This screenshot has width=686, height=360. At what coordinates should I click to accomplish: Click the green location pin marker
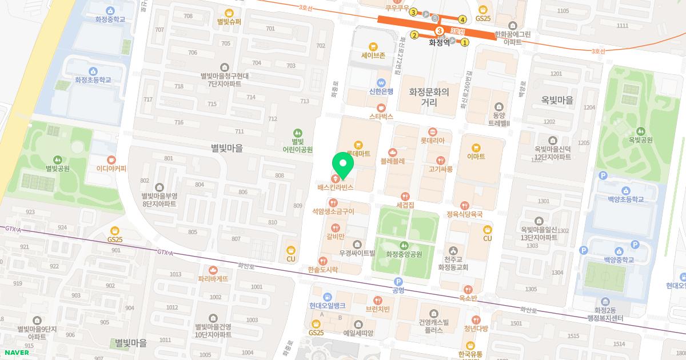[343, 164]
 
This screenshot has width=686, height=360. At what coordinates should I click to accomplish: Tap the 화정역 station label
[439, 42]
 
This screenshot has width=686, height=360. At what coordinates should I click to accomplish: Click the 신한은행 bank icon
[381, 82]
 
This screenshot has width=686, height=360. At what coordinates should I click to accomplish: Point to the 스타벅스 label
[381, 116]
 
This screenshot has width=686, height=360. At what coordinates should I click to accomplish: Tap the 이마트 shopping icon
[476, 146]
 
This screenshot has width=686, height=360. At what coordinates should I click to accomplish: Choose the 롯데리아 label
[432, 140]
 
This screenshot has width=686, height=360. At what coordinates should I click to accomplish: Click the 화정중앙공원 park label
[404, 254]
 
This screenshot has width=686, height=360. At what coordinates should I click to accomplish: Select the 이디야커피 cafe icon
[111, 159]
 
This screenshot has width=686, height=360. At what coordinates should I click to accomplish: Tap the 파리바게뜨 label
[213, 279]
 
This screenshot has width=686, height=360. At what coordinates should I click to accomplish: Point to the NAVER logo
[15, 352]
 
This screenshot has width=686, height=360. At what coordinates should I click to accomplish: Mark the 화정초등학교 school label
[93, 80]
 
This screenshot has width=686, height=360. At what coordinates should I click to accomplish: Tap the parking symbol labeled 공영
[398, 281]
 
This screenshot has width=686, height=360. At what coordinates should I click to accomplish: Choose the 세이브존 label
[373, 55]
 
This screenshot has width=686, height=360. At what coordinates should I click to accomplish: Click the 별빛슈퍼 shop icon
[229, 13]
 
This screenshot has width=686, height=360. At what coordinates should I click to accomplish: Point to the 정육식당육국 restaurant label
[465, 214]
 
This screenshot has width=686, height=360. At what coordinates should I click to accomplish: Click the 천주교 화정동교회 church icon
[453, 250]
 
